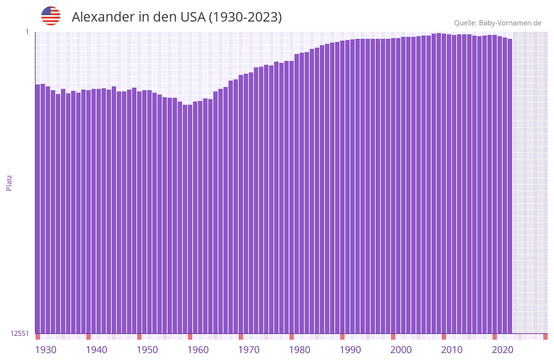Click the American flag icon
point(51,16)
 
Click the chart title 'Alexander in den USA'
point(176,17)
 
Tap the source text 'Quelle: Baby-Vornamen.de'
point(498,23)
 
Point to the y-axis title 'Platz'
point(9,182)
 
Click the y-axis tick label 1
point(27,32)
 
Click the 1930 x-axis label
point(46,350)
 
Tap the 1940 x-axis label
point(96,350)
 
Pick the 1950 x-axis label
point(147,350)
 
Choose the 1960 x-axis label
point(198,350)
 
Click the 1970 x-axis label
point(249,350)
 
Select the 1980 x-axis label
point(300,350)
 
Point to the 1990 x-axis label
point(350,350)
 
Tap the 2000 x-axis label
point(401,350)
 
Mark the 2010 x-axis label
point(452,350)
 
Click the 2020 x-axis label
point(503,350)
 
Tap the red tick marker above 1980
point(291,337)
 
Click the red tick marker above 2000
point(393,337)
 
